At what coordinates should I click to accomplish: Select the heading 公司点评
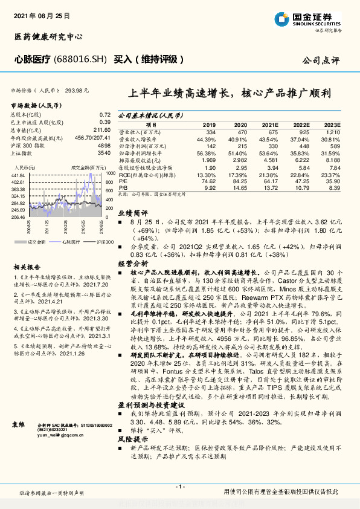[x=321, y=60]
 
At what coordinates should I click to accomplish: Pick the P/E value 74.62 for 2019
[x=208, y=180]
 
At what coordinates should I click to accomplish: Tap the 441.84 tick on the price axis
[x=18, y=174]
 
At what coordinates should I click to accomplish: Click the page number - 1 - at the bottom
[x=179, y=486]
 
